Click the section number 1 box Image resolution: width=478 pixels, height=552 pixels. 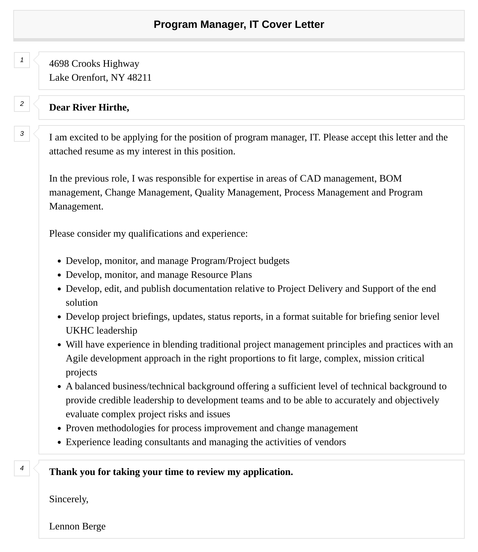click(22, 60)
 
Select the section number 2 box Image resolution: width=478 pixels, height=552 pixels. click(22, 104)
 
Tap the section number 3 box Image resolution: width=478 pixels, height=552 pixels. click(22, 134)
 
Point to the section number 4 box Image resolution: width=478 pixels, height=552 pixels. click(22, 468)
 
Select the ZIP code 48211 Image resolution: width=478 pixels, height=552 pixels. click(139, 78)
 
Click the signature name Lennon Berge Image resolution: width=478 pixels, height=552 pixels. click(77, 526)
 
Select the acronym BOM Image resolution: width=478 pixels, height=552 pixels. click(390, 179)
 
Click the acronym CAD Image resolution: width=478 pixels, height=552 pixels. click(310, 179)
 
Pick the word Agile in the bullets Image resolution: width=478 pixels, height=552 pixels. click(77, 358)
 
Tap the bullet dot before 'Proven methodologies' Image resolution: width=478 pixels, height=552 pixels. click(59, 429)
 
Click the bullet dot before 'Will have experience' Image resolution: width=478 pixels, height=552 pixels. click(59, 345)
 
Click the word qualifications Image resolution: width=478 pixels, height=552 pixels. click(155, 234)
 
